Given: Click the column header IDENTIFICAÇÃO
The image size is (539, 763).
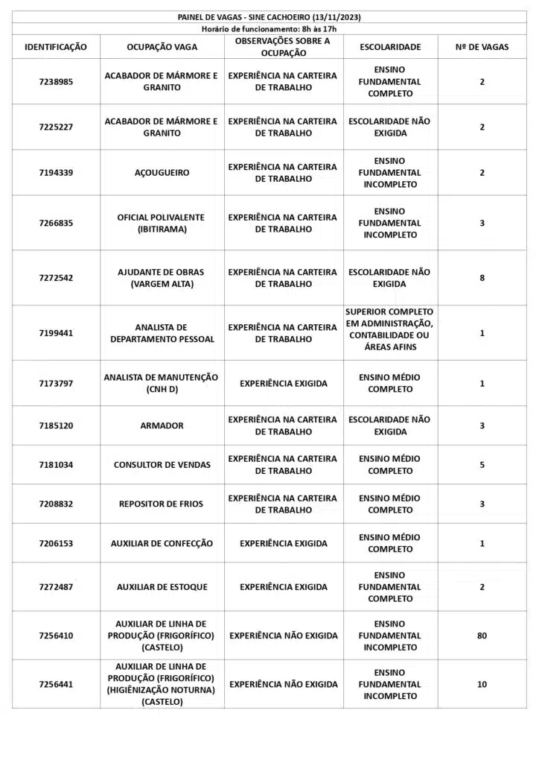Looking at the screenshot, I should click(x=56, y=47).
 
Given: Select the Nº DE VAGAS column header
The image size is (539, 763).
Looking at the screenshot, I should click(x=482, y=47).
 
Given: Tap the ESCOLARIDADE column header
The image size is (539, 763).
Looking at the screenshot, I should click(x=390, y=47).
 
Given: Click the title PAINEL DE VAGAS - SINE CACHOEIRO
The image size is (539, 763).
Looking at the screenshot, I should click(x=269, y=17).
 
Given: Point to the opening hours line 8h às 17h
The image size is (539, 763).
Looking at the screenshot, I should click(x=269, y=28).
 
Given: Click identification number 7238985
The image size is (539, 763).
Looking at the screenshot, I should click(x=56, y=82).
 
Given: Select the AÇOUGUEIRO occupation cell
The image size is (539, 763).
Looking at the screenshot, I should click(x=162, y=173).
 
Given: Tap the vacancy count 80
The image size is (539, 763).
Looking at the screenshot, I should click(x=482, y=636).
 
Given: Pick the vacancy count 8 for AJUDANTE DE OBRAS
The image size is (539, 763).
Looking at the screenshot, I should click(x=482, y=278).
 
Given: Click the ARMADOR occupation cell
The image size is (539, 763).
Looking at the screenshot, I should click(x=162, y=425).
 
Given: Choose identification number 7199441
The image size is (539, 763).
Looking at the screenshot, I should click(x=56, y=333).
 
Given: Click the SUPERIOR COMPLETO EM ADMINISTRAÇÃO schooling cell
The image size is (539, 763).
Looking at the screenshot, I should click(x=390, y=329).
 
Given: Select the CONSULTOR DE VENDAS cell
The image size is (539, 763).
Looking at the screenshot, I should click(x=162, y=465).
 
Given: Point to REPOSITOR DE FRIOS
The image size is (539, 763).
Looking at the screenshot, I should click(x=162, y=504).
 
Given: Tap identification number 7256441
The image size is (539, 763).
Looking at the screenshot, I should click(x=56, y=684).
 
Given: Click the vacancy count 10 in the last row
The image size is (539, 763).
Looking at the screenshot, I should click(x=482, y=684).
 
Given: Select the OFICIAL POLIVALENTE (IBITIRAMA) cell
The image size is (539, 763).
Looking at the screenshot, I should click(x=162, y=224).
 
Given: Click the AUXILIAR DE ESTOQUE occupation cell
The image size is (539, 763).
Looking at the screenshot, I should click(x=162, y=587).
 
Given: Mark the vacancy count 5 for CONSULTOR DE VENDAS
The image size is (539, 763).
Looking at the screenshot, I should click(x=482, y=465).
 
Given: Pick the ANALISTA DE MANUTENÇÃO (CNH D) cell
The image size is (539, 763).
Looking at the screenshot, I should click(x=162, y=383).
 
